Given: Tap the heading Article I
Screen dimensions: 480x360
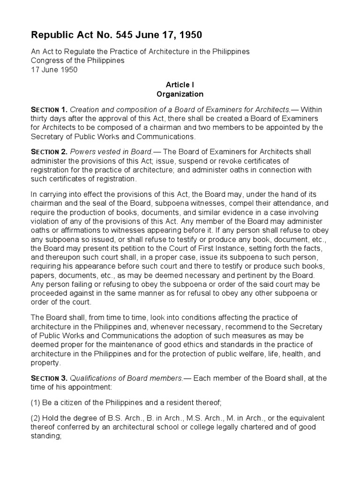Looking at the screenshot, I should point(180,84).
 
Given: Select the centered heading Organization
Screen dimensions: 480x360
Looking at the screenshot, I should point(180,94).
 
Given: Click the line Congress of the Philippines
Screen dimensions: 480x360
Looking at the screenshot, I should point(78,60).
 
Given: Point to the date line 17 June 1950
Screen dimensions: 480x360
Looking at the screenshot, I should point(54,69).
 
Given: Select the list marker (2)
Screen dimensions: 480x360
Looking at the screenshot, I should point(36,418).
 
